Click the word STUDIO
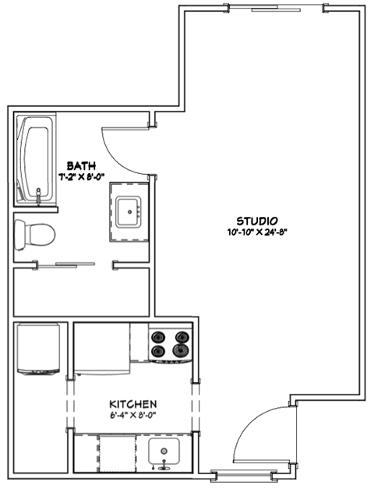pyautogui.click(x=259, y=220)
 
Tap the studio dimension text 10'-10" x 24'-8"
pyautogui.click(x=259, y=232)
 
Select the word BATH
pyautogui.click(x=81, y=165)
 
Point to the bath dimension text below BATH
pyautogui.click(x=81, y=176)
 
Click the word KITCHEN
pyautogui.click(x=133, y=403)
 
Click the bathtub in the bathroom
pyautogui.click(x=35, y=160)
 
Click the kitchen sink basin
pyautogui.click(x=164, y=451)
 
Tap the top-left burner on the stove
pyautogui.click(x=159, y=338)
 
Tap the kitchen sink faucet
pyautogui.click(x=164, y=466)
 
